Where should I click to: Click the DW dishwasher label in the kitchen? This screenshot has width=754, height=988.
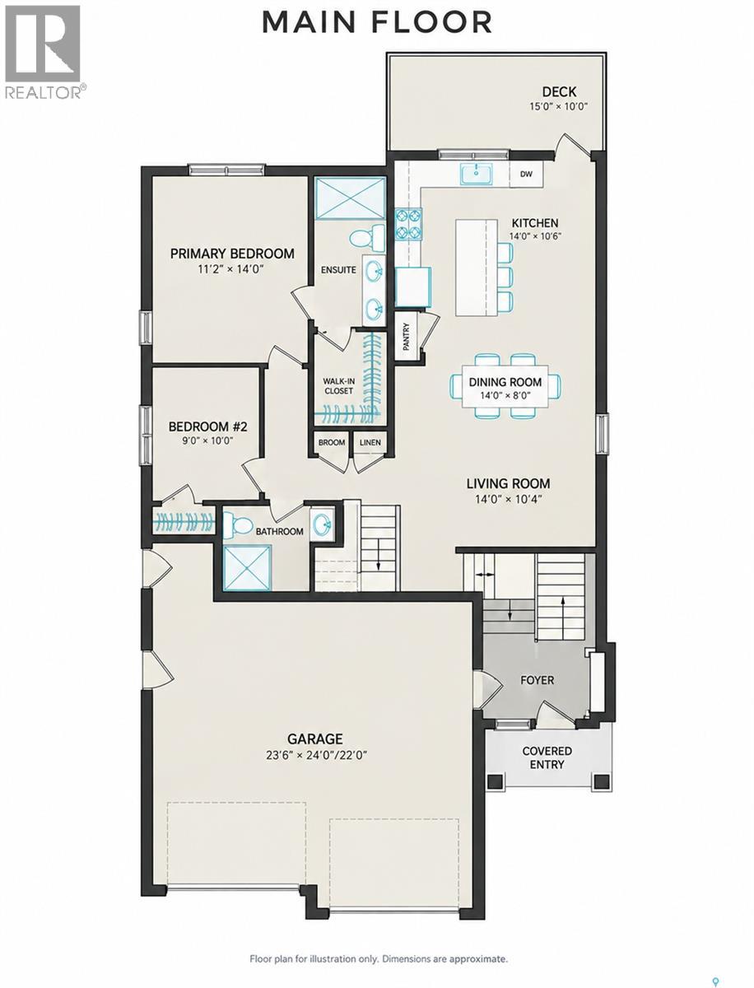(x=526, y=174)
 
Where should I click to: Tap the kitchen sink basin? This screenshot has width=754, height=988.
(x=476, y=174)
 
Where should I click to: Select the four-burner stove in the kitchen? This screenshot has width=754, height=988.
(x=408, y=224)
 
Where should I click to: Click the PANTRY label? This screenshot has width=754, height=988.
(x=407, y=337)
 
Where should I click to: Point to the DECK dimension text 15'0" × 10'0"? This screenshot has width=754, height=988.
(x=559, y=107)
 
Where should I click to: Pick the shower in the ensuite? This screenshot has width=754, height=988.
(x=351, y=198)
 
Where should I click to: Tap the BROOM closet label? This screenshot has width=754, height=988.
(x=332, y=442)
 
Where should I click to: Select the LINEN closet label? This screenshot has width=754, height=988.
(x=370, y=442)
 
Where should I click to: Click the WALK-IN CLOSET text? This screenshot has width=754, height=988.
(x=339, y=386)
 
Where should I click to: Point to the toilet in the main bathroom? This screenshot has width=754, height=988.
(x=239, y=524)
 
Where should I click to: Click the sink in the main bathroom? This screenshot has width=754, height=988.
(x=322, y=524)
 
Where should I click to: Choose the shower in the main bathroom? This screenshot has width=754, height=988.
(x=248, y=567)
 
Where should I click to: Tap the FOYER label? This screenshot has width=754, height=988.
(x=538, y=680)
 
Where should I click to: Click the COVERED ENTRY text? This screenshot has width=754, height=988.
(x=547, y=757)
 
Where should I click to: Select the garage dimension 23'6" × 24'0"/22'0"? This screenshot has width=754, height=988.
(x=317, y=755)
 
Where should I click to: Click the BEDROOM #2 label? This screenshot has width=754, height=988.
(x=208, y=426)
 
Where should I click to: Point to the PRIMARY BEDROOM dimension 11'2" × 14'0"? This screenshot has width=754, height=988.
(x=230, y=269)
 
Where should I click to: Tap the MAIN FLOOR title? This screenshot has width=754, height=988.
(x=377, y=22)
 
